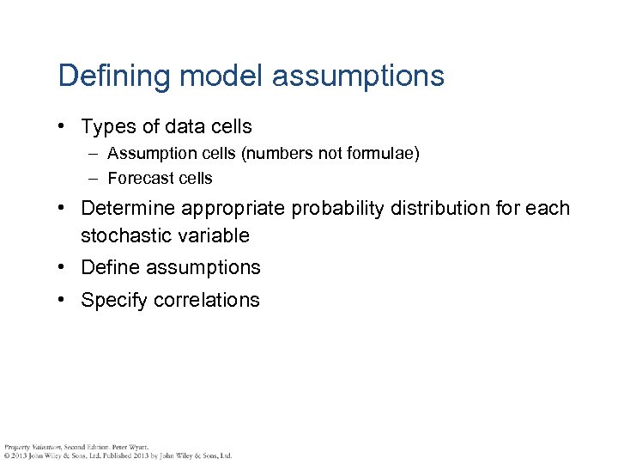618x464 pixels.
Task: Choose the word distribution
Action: click(x=435, y=209)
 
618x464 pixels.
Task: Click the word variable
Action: click(x=212, y=235)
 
